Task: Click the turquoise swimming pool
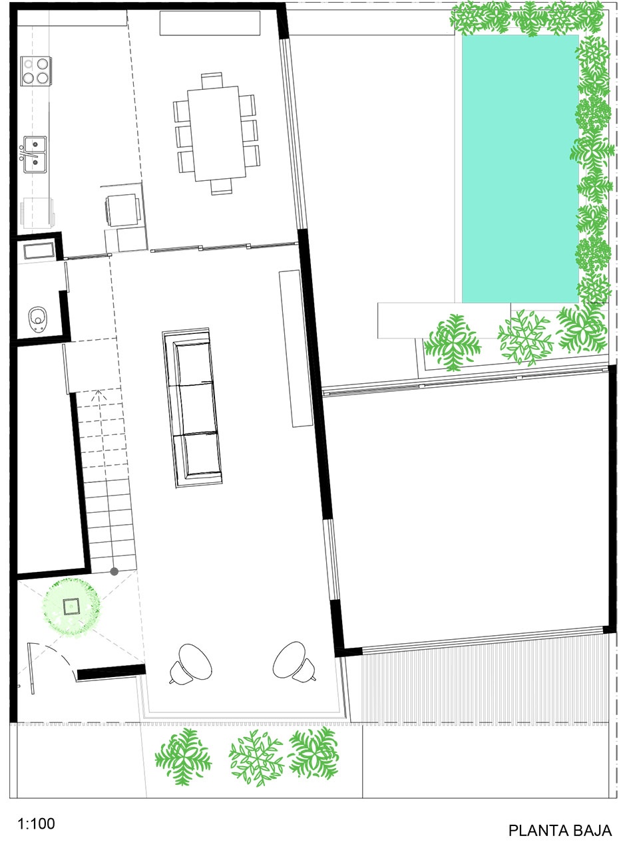tap(520, 169)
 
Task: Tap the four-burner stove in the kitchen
tap(36, 71)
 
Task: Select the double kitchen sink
tap(35, 154)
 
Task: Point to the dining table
tap(216, 133)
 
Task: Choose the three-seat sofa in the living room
tap(192, 408)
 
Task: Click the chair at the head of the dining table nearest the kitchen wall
tap(212, 80)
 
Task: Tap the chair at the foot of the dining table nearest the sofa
tap(222, 186)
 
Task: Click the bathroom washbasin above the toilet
tap(39, 251)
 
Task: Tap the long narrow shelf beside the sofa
tap(296, 349)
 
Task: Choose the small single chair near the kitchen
tap(123, 210)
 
